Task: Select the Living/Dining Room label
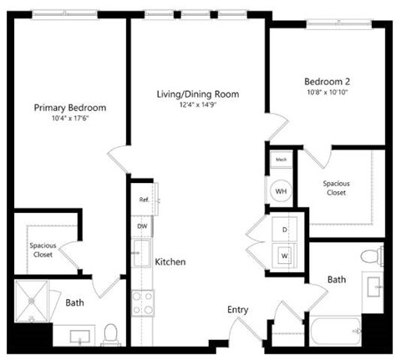[197, 94]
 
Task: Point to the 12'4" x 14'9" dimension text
[197, 105]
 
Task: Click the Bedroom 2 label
[326, 82]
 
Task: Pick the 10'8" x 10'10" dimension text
[326, 93]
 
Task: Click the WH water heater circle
[281, 190]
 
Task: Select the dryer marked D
[283, 228]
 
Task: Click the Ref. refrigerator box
[145, 200]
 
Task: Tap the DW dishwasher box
[142, 226]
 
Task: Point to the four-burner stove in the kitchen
[141, 302]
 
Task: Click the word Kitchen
[170, 262]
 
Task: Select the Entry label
[238, 310]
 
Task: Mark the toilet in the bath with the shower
[109, 336]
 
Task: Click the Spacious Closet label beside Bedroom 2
[337, 188]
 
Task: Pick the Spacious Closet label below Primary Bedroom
[43, 250]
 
